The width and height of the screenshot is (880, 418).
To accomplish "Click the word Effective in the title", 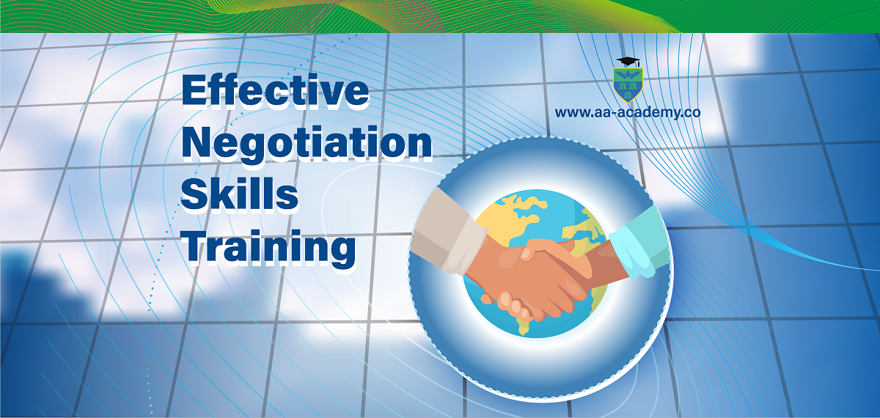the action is click(x=275, y=90).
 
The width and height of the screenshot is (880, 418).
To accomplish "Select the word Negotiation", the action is click(x=307, y=144).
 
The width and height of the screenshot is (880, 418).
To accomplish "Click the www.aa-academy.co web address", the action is click(x=628, y=112).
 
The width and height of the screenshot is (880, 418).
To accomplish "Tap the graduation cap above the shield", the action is click(x=628, y=62).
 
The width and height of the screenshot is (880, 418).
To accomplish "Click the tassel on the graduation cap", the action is click(x=639, y=64).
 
